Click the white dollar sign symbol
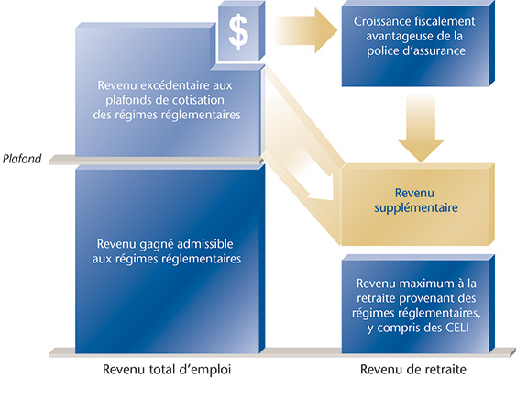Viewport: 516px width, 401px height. tap(238, 32)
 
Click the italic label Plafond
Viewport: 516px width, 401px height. tap(22, 159)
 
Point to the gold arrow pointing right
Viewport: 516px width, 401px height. tap(305, 30)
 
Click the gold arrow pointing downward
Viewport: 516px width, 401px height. tap(421, 128)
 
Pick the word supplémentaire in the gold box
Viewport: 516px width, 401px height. tap(416, 208)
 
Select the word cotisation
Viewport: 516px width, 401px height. tap(202, 100)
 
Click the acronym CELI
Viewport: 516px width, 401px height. tap(457, 328)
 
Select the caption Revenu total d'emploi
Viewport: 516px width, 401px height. tap(167, 370)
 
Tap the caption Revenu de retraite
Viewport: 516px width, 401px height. tap(413, 370)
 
